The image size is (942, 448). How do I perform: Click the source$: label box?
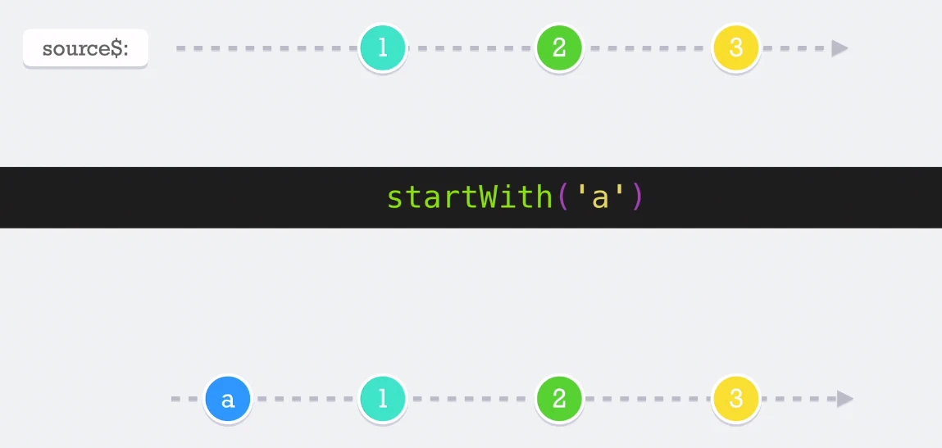pos(85,48)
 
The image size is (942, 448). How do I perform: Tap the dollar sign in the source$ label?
pos(116,48)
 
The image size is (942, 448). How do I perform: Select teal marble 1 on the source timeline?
pos(383,48)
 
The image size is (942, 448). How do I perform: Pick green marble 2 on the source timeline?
pos(559,48)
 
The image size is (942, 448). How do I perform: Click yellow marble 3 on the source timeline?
pos(736,48)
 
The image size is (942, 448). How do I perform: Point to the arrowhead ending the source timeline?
pos(840,48)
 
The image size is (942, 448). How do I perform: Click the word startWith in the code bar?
pos(470,197)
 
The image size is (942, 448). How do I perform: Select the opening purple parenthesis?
pos(563,197)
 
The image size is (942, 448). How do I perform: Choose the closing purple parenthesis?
pos(637,197)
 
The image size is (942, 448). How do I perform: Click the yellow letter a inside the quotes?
pos(600,200)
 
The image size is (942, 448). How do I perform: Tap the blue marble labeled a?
pos(228,399)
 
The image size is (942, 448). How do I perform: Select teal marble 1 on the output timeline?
pos(383,399)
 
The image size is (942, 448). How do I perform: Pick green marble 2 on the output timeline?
pos(559,399)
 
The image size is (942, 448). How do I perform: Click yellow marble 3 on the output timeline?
pos(736,399)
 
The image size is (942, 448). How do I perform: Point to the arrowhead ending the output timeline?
pos(844,399)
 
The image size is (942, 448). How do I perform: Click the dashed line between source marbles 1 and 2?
pos(471,48)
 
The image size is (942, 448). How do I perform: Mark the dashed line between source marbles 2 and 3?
pos(648,48)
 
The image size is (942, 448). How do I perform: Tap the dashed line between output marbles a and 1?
pos(305,399)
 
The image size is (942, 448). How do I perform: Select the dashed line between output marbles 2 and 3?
pos(648,399)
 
